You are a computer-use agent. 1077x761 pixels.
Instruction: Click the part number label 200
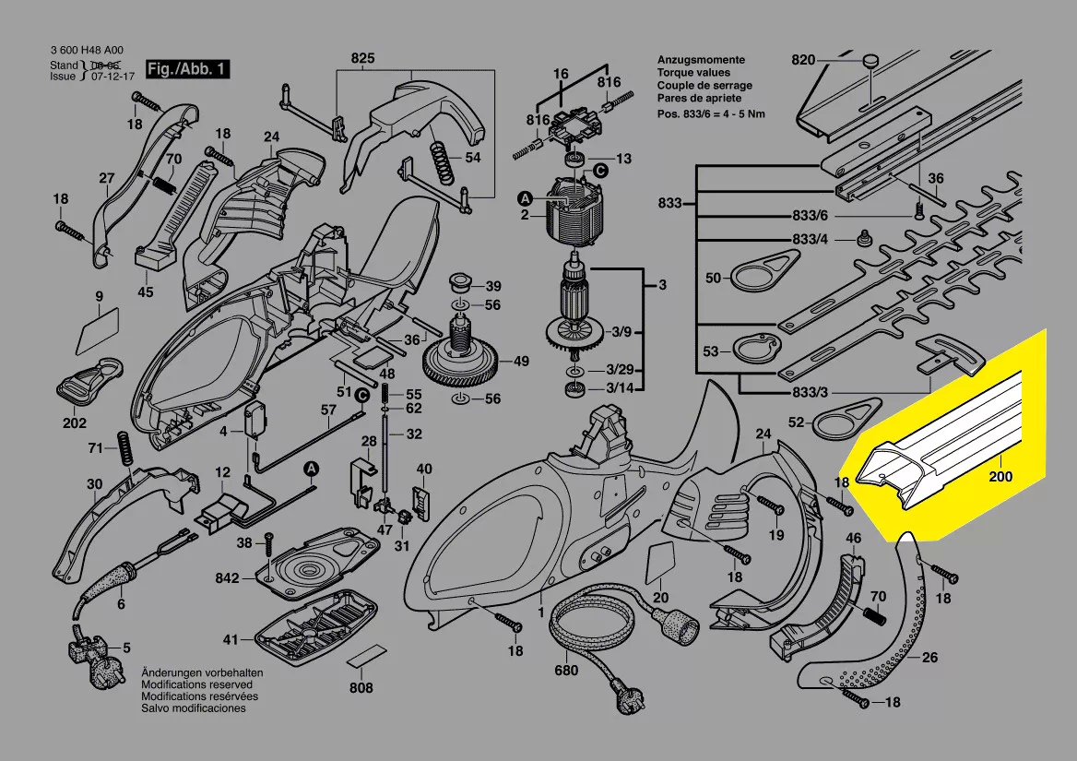(x=1000, y=477)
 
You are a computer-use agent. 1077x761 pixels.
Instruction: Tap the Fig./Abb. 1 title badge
(x=185, y=69)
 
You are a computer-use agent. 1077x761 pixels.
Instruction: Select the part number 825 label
(x=363, y=60)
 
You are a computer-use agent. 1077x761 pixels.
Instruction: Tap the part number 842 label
(x=227, y=578)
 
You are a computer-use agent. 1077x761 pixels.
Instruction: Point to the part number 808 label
(x=361, y=688)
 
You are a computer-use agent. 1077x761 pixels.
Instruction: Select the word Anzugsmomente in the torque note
(x=702, y=59)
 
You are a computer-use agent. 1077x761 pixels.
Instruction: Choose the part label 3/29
(x=618, y=369)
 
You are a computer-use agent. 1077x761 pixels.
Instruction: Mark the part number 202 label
(x=75, y=423)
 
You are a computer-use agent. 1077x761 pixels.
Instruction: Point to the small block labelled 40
(x=422, y=497)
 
